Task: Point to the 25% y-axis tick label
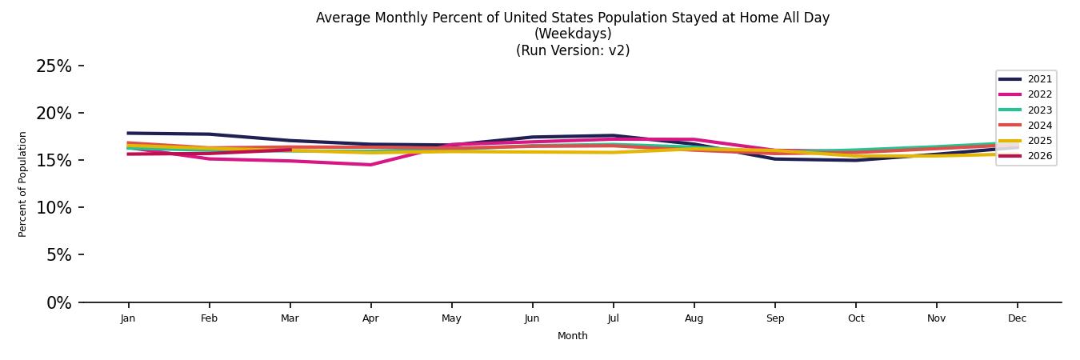[54, 66]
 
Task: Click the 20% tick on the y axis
[54, 114]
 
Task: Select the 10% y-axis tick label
[54, 208]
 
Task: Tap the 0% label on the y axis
[58, 303]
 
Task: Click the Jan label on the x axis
[128, 318]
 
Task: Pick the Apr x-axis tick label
[370, 318]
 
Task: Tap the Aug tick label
[694, 318]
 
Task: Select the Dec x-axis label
[1017, 318]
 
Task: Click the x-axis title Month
[573, 336]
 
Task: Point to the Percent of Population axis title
[23, 184]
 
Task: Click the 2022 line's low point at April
[370, 165]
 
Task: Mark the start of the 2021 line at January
[128, 134]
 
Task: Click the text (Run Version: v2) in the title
[573, 50]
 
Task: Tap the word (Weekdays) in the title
[573, 34]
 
